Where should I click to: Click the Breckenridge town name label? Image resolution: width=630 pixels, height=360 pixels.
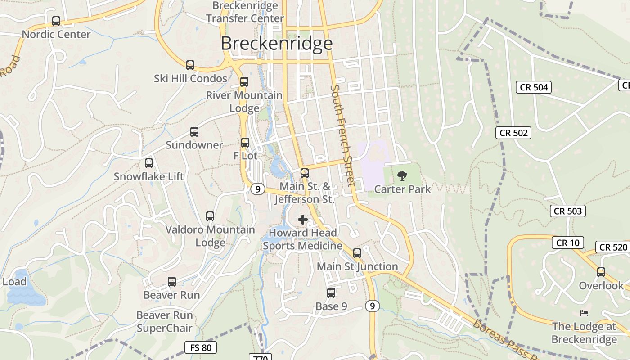[x=276, y=43]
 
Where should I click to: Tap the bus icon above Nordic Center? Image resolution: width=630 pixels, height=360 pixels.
[x=56, y=21]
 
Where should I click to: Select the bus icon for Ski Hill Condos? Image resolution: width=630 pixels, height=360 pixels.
[x=190, y=65]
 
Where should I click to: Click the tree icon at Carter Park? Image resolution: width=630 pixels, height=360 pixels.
[x=402, y=176]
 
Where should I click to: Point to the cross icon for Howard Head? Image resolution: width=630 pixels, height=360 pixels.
[x=303, y=220]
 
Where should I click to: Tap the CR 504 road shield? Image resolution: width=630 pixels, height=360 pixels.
[x=534, y=87]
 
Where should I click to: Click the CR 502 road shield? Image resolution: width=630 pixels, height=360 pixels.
[x=514, y=133]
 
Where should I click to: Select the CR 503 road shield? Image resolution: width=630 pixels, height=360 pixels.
[x=568, y=211]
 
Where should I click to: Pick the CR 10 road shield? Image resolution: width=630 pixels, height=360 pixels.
[x=568, y=243]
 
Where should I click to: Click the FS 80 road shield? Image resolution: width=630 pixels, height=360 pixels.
[x=201, y=347]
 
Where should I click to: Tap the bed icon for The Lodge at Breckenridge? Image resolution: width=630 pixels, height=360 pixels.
[x=584, y=313]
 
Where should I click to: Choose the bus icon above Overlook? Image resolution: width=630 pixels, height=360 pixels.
[x=601, y=272]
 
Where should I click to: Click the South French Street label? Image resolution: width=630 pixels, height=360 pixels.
[x=343, y=135]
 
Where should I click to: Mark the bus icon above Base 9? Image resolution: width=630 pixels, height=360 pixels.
[x=331, y=293]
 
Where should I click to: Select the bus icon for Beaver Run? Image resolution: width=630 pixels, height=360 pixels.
[x=172, y=282]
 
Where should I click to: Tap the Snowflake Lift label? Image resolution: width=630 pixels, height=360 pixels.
[x=148, y=176]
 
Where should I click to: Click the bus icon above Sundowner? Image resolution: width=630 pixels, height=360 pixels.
[x=194, y=132]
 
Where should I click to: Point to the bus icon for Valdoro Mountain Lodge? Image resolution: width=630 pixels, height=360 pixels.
[x=210, y=216]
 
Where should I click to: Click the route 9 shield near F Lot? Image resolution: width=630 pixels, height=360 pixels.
[x=257, y=189]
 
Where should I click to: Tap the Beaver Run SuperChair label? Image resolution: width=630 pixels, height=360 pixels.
[x=164, y=321]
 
